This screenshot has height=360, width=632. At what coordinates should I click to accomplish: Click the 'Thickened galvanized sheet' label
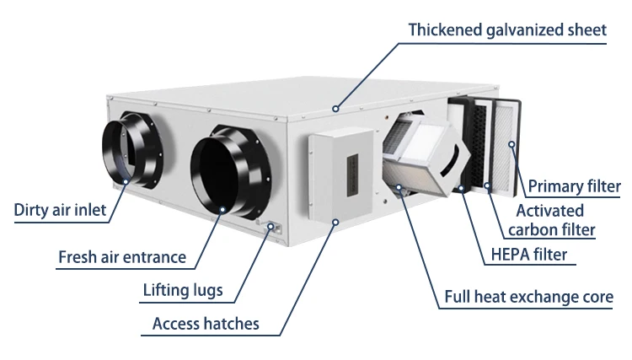click(x=507, y=30)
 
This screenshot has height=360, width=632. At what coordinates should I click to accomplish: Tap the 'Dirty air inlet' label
click(x=60, y=210)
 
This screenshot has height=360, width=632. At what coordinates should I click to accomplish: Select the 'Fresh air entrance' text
click(x=122, y=257)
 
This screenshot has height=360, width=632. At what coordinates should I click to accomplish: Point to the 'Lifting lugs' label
click(x=183, y=290)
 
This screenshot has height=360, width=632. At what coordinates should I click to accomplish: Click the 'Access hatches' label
click(x=206, y=324)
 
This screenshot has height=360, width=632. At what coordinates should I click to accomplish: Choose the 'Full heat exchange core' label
click(x=529, y=297)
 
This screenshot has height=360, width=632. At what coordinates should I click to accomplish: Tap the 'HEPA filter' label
click(x=529, y=255)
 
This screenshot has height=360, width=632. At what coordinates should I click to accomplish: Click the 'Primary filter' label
click(x=575, y=186)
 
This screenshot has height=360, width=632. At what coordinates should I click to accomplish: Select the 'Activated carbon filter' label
click(x=551, y=220)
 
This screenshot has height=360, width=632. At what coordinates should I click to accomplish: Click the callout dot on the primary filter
click(x=511, y=144)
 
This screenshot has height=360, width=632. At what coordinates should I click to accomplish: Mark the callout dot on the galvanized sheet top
click(x=335, y=109)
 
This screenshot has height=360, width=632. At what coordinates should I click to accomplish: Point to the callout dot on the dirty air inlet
click(x=126, y=182)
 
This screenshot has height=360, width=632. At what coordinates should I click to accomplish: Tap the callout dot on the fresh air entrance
click(x=222, y=209)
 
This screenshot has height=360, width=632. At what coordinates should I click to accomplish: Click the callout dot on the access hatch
click(x=335, y=222)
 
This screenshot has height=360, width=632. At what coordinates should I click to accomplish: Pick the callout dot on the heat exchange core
click(x=399, y=187)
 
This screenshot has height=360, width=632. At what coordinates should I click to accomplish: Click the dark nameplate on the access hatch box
click(x=353, y=175)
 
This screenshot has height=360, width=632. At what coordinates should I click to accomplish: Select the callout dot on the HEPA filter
click(x=461, y=188)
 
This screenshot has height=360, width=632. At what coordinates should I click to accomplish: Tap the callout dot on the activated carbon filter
click(x=487, y=185)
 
